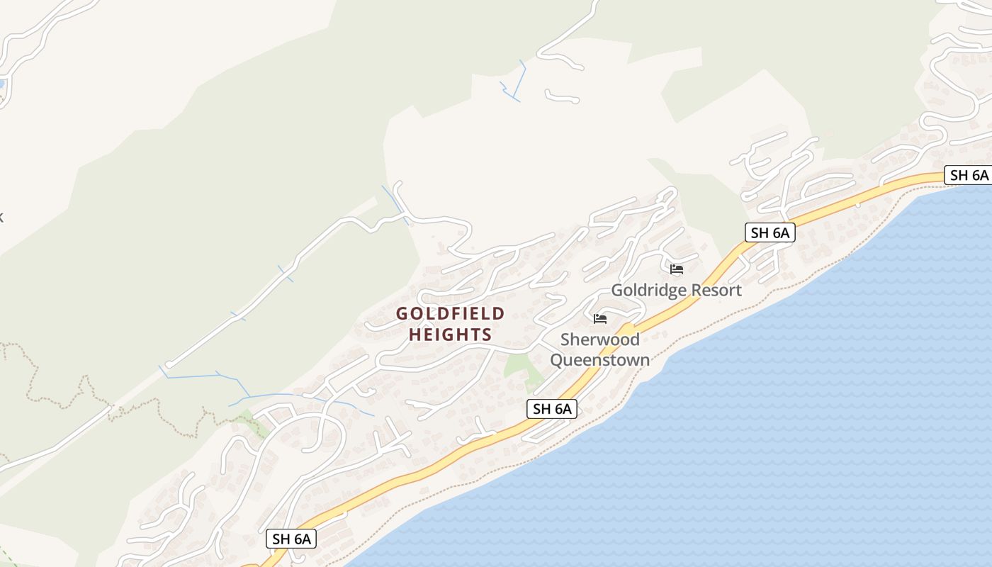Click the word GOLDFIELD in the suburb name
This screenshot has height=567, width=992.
(x=450, y=313)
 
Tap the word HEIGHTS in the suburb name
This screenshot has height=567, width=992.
(x=450, y=335)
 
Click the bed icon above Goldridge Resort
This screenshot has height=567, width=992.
(x=677, y=269)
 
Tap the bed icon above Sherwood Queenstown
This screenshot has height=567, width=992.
(x=600, y=319)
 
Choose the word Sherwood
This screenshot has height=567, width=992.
(x=600, y=339)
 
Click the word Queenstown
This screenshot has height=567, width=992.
(x=600, y=360)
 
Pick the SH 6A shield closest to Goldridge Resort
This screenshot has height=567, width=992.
(x=770, y=232)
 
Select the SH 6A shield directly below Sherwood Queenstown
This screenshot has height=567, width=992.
(x=552, y=408)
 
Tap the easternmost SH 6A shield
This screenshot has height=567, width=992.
(x=969, y=175)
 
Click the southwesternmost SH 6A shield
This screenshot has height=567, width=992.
(x=292, y=539)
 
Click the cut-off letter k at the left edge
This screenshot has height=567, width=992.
(x=1, y=217)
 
